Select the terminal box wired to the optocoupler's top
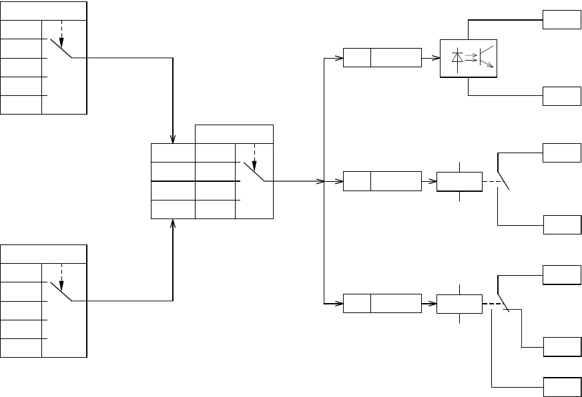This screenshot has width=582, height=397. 561,20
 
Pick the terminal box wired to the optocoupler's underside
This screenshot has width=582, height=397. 561,97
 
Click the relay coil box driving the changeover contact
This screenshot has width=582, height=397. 459,303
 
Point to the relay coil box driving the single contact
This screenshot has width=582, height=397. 459,181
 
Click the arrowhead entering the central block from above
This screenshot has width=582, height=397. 173,139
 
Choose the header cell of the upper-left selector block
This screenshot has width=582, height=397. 43,11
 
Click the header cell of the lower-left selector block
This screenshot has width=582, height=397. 43,253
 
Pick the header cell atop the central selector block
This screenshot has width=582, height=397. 234,133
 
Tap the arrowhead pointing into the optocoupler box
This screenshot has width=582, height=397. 437,58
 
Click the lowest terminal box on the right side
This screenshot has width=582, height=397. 561,386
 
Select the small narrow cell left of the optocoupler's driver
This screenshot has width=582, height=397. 356,58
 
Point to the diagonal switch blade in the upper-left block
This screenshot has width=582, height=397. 61,48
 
